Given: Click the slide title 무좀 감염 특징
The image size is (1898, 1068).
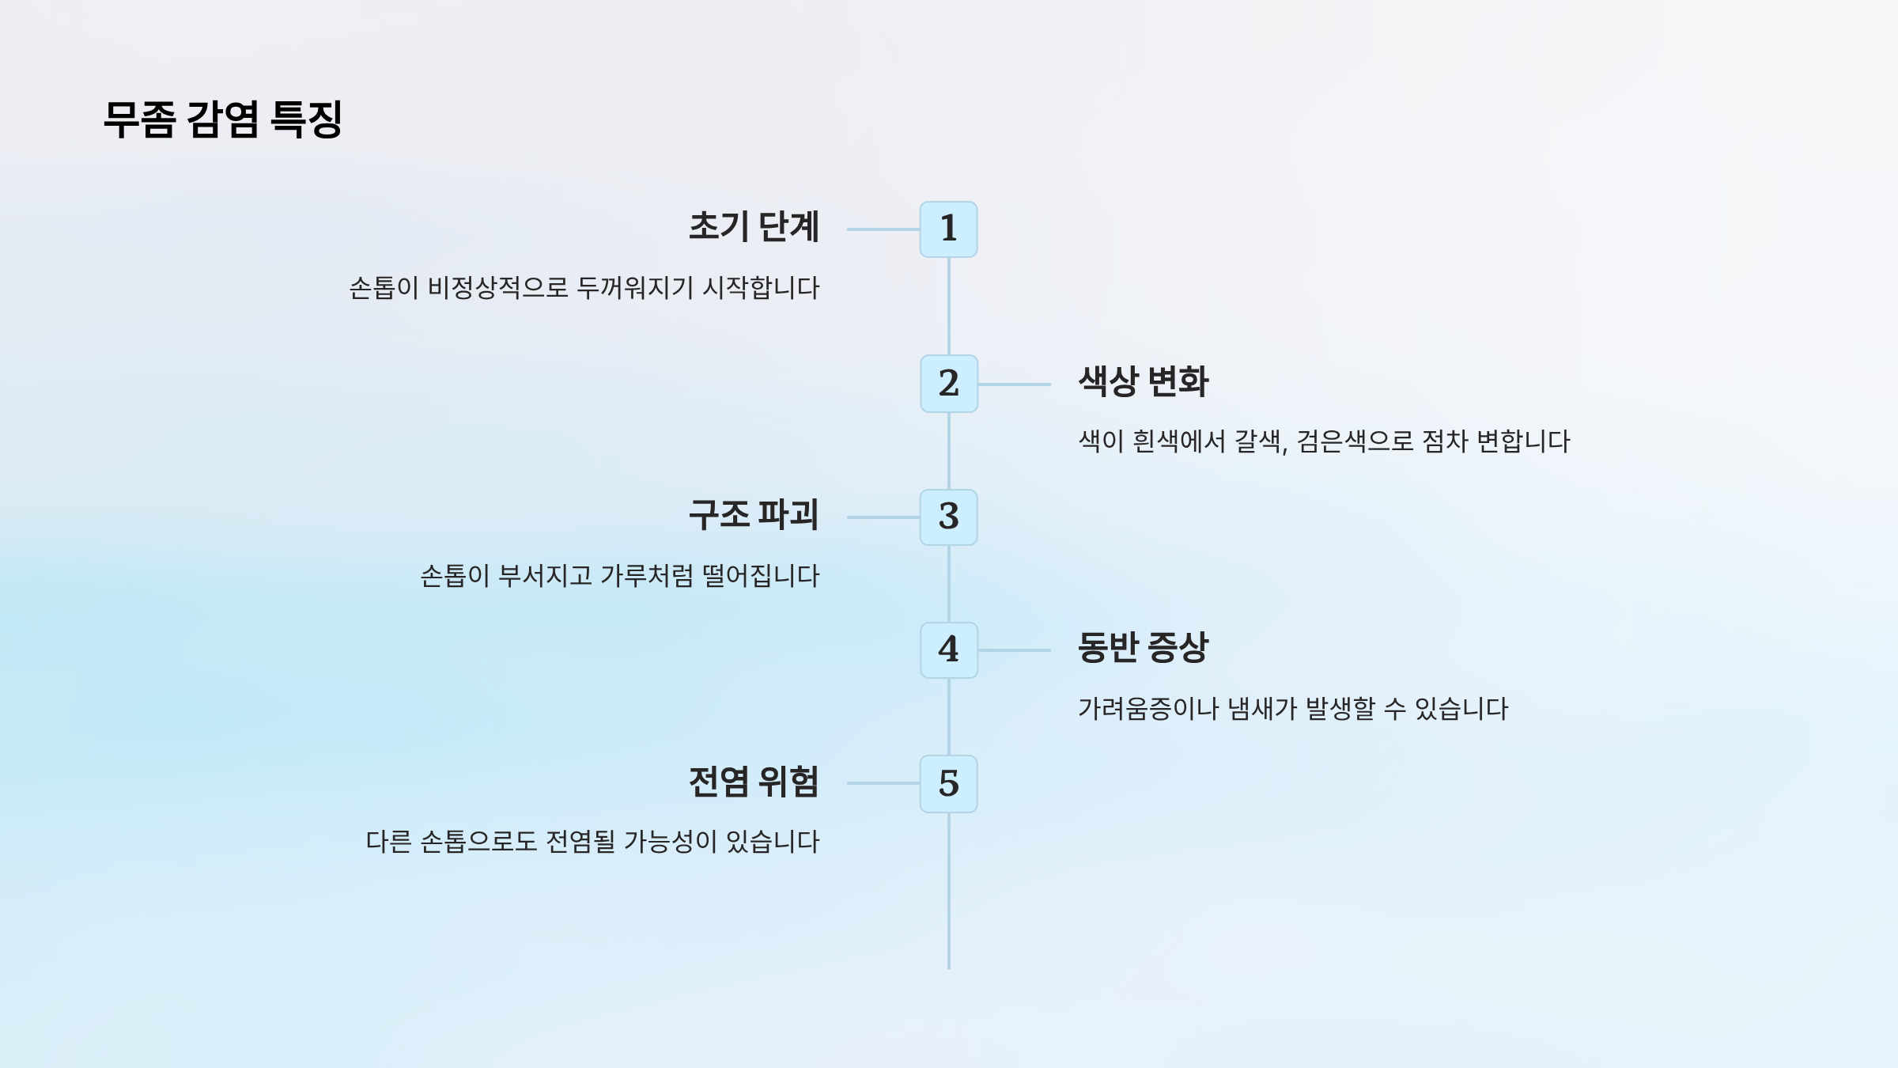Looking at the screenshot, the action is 223,119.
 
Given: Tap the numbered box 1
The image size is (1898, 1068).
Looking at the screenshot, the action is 948,229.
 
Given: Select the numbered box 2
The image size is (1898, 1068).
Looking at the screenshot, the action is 948,384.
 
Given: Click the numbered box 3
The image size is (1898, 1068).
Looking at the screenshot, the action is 948,517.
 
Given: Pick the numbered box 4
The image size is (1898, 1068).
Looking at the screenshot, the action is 948,650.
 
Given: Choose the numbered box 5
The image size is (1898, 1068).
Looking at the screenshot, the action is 948,784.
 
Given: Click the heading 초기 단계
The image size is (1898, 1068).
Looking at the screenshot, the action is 754,227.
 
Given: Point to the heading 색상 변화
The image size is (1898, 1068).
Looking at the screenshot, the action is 1144,382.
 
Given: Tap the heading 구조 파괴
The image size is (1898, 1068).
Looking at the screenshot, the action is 754,515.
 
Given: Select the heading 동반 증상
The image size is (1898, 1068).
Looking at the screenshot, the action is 1144,648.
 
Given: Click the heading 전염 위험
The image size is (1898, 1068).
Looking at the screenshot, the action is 754,782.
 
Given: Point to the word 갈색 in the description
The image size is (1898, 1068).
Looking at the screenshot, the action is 1261,441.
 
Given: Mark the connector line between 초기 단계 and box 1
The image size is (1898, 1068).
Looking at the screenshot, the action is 883,229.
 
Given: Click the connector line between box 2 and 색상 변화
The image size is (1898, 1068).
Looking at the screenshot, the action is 1015,384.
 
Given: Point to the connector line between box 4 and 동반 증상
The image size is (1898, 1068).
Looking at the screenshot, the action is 1015,650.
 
